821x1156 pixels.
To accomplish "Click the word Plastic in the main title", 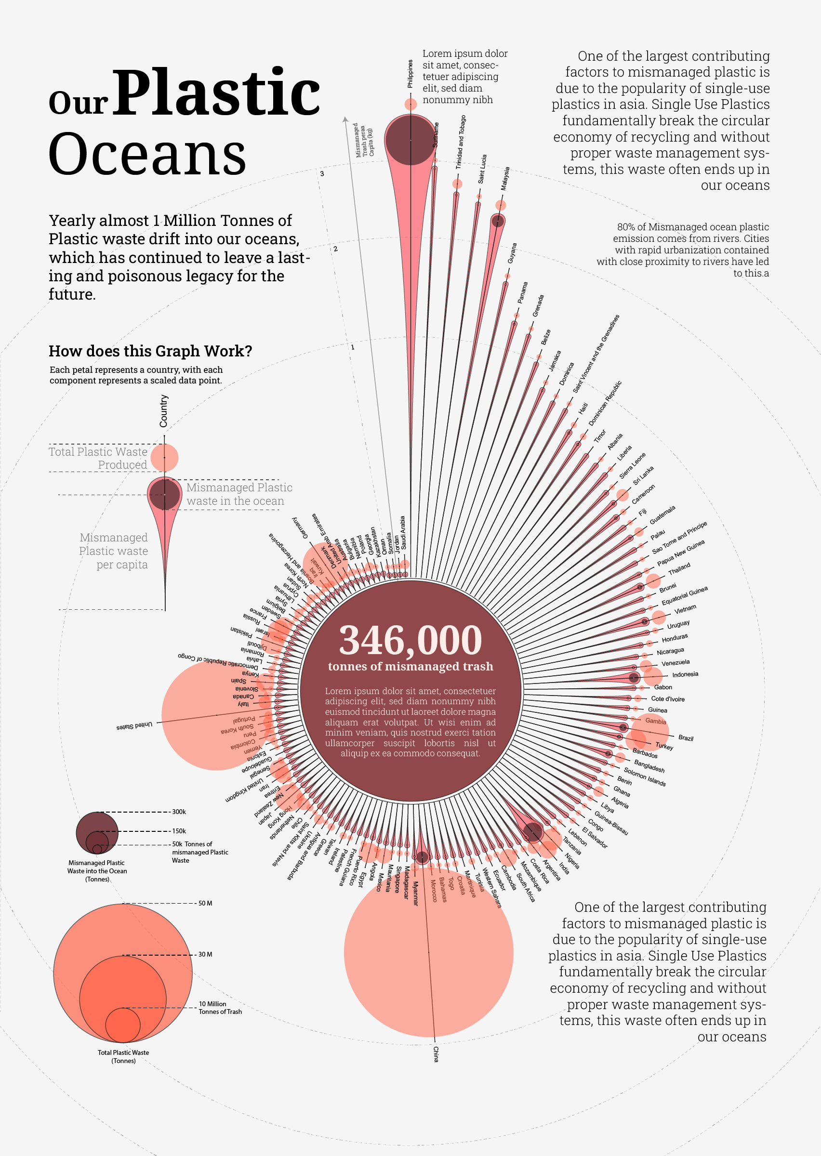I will [217, 93].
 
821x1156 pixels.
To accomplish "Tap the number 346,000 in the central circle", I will [410, 640].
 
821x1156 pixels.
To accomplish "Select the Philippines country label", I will [410, 74].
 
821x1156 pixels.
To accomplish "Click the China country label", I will [436, 1054].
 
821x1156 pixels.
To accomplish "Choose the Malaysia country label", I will [505, 179].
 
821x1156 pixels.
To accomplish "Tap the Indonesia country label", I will [685, 674].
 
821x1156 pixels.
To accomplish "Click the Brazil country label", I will [686, 738].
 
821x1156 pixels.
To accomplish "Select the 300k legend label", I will [179, 812].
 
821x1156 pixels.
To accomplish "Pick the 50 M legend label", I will [205, 904].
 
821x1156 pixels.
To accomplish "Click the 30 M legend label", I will [205, 954].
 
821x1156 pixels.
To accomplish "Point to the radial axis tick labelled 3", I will [322, 174].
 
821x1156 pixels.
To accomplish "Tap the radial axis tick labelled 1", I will [353, 347].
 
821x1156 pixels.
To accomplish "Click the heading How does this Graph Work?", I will [150, 351].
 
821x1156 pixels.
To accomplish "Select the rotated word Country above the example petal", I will [164, 411].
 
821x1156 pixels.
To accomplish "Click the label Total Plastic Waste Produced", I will [98, 458].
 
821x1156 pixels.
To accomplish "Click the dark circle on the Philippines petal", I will [410, 140].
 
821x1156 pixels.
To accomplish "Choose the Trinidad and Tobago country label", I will [461, 142].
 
